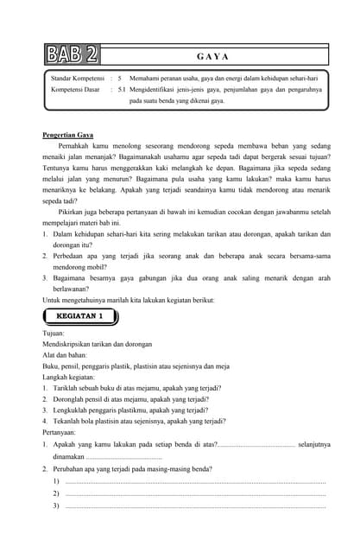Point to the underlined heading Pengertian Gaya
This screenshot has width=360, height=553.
67,136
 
